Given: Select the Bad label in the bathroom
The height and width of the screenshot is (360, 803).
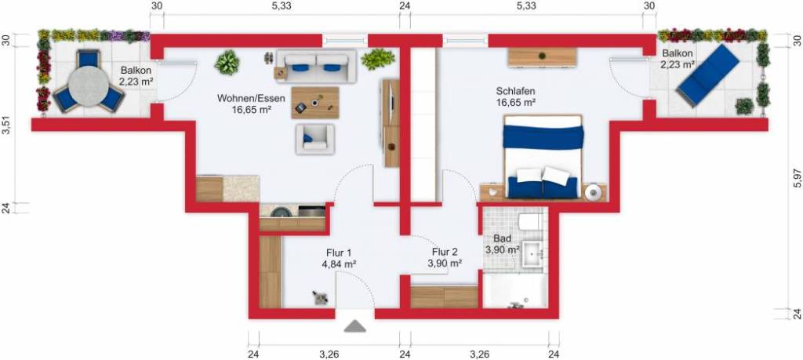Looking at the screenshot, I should point(502,238).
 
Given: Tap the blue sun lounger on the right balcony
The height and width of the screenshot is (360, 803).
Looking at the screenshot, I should point(706,76).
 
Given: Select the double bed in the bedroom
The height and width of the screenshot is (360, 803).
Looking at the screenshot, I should point(543,157).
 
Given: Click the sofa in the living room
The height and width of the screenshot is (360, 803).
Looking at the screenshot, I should point(316,67).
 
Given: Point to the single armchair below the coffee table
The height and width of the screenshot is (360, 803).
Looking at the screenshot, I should point(314,139).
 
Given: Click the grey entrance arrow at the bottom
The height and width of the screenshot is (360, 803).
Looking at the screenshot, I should point(355,325).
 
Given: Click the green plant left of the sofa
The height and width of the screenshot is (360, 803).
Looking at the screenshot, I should point(227,63).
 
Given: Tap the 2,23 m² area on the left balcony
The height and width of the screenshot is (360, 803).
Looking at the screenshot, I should point(135,82).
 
